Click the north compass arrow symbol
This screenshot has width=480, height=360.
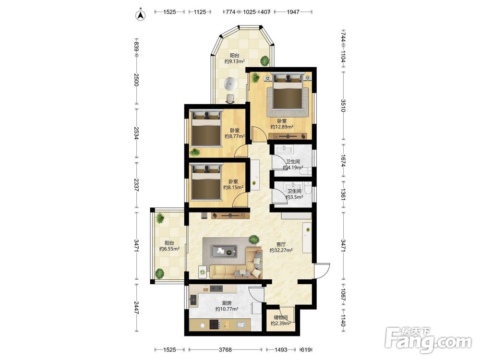[x=141, y=15]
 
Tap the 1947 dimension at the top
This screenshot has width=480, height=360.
[x=293, y=12]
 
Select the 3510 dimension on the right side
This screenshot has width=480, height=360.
[x=343, y=106]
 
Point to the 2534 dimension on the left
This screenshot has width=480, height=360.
[x=136, y=132]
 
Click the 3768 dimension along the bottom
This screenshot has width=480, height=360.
[x=225, y=349]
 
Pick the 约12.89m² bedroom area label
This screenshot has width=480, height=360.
[x=282, y=127]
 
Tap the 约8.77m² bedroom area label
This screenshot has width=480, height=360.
[x=235, y=136]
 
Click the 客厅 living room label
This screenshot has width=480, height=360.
[x=281, y=244]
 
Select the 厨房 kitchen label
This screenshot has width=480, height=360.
[x=227, y=303]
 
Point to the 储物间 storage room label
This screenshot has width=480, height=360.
[x=281, y=317]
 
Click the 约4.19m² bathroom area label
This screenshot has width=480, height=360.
[x=293, y=168]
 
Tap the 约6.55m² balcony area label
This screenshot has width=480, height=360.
[x=169, y=249]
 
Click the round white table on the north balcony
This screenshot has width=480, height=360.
[x=230, y=84]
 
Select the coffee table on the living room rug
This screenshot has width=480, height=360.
[x=224, y=252]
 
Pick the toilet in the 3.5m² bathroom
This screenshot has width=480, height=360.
[x=308, y=188]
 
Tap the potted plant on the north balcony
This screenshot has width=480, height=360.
[x=264, y=60]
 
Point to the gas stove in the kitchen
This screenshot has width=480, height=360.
[x=215, y=324]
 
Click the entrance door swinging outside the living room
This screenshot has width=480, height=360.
[x=322, y=270]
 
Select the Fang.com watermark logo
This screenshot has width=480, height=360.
[x=428, y=339]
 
